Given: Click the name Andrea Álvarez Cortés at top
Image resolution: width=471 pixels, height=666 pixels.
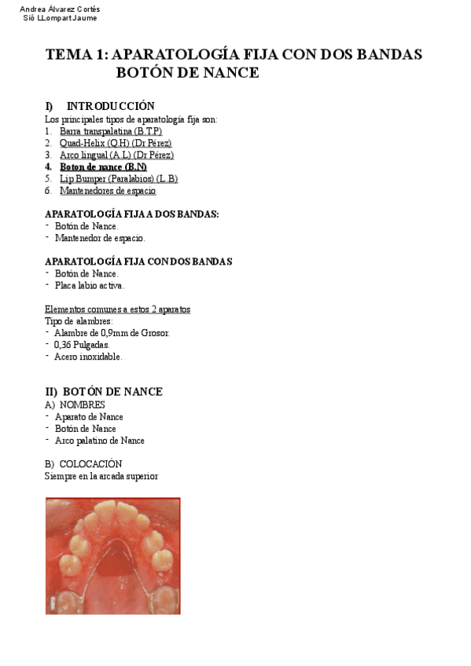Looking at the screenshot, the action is pyautogui.click(x=59, y=9).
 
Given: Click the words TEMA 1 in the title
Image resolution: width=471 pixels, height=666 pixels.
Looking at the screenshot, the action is pyautogui.click(x=77, y=55).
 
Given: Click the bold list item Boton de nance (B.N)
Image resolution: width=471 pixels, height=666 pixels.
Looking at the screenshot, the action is pyautogui.click(x=103, y=166).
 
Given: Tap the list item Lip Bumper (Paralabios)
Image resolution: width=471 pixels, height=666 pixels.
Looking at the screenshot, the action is pyautogui.click(x=118, y=178).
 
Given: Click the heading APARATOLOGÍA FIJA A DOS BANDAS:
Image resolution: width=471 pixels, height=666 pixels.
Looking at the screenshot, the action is pyautogui.click(x=131, y=214).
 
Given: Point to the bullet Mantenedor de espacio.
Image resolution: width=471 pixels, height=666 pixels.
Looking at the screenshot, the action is pyautogui.click(x=100, y=237).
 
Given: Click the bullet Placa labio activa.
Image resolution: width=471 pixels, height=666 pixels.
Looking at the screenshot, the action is pyautogui.click(x=90, y=285).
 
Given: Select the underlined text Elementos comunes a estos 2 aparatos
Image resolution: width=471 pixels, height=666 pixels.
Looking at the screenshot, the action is pyautogui.click(x=117, y=309).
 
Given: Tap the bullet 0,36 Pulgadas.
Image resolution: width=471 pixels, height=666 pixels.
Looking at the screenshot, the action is pyautogui.click(x=82, y=344).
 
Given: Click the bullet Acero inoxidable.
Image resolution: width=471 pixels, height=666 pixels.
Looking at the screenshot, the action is pyautogui.click(x=88, y=356).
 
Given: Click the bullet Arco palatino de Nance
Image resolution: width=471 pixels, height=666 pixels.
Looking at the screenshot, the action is pyautogui.click(x=99, y=441).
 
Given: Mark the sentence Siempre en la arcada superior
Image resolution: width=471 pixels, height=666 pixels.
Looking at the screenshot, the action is pyautogui.click(x=101, y=476).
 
